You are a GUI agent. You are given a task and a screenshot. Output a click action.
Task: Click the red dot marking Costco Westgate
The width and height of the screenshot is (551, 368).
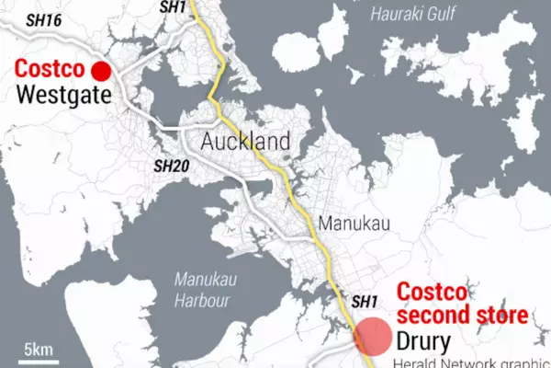pyautogui.click(x=100, y=71)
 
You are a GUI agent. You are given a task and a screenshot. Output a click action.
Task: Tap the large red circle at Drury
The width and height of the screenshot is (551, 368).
pyautogui.click(x=375, y=336)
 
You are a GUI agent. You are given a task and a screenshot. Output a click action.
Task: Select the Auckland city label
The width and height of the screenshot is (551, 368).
pyautogui.click(x=246, y=143)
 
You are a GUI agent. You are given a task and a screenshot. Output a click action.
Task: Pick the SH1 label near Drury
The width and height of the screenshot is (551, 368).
pyautogui.click(x=365, y=301)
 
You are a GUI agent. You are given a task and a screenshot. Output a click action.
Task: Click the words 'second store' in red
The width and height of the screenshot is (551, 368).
pyautogui.click(x=462, y=316)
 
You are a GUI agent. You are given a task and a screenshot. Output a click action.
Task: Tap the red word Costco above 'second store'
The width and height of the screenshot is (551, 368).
pyautogui.click(x=432, y=293)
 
